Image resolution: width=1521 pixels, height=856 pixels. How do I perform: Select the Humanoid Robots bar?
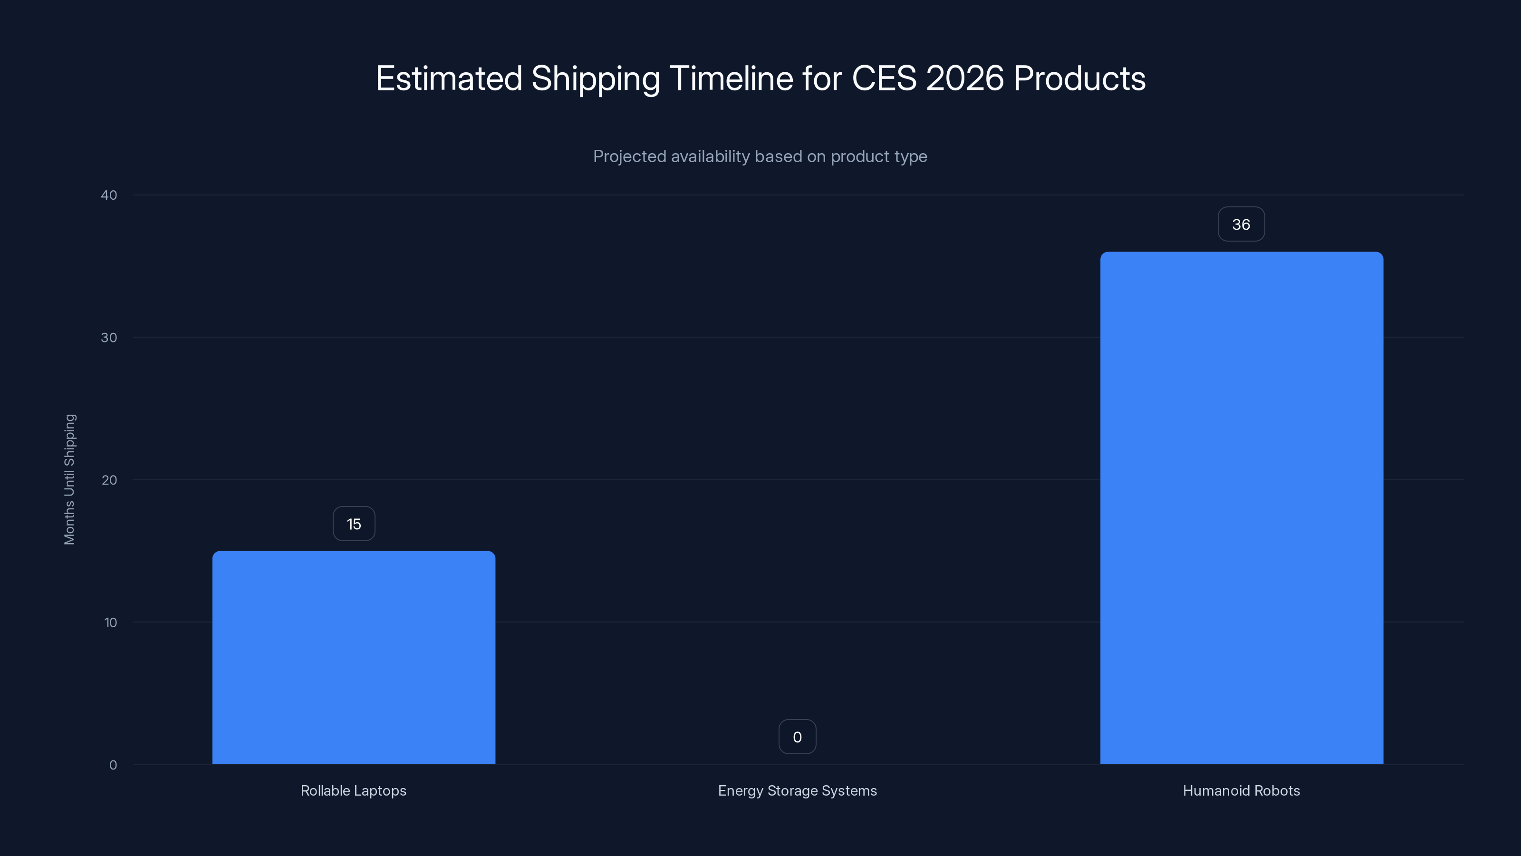coord(1241,508)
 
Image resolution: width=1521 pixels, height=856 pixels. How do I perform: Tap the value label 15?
coord(354,524)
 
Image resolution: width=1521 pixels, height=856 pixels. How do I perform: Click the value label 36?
coord(1241,224)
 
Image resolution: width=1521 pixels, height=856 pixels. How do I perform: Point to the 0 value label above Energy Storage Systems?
coord(797,737)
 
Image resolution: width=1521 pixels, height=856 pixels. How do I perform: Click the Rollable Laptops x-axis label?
coord(353,790)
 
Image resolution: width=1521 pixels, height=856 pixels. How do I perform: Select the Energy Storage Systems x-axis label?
coord(797,790)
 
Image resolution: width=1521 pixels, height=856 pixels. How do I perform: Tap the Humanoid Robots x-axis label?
coord(1241,790)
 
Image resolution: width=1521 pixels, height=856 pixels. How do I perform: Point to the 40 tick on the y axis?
coord(109,195)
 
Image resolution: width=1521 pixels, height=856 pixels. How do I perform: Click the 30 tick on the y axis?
coord(109,337)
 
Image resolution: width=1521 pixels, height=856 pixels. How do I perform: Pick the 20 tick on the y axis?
coord(109,480)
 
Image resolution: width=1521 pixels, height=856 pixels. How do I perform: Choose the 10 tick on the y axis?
coord(110,622)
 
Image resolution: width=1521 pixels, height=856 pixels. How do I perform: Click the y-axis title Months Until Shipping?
coord(70,479)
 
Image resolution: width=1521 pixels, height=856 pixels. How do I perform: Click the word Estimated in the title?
coord(449,78)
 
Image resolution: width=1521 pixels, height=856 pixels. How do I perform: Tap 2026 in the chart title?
coord(965,78)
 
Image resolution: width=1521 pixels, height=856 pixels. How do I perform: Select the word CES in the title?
coord(884,78)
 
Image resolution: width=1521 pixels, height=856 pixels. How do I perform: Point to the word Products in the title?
coord(1079,78)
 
